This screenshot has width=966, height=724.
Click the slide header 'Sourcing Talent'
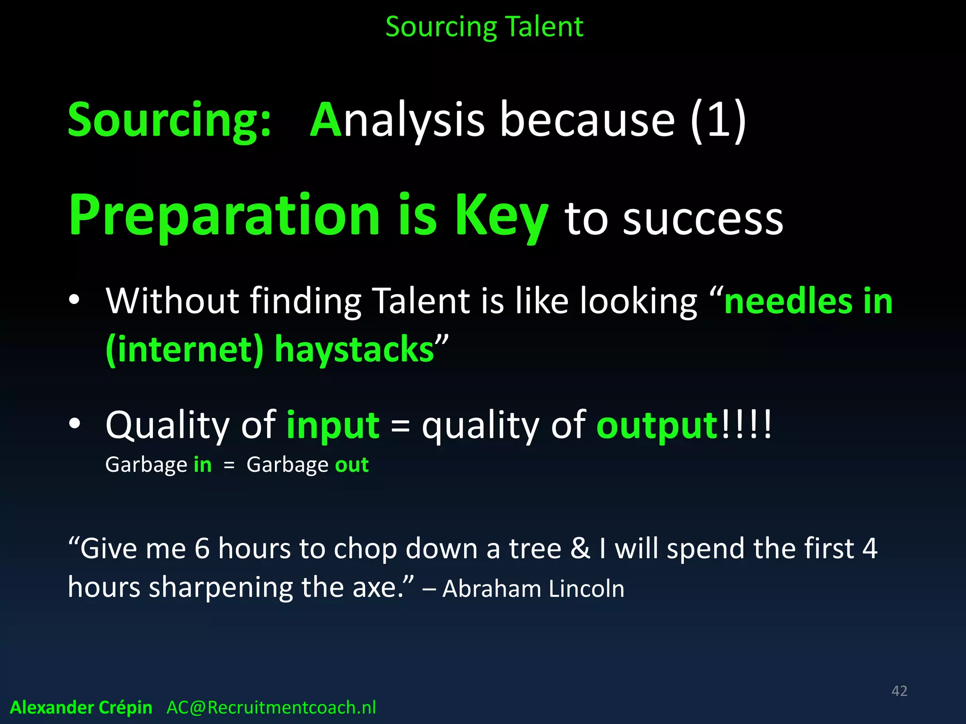pyautogui.click(x=484, y=27)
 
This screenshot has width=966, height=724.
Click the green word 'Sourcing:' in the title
pyautogui.click(x=169, y=121)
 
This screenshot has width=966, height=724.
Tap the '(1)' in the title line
pyautogui.click(x=718, y=121)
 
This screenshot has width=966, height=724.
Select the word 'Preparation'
pyautogui.click(x=224, y=215)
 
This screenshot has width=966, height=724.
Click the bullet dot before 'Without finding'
pyautogui.click(x=74, y=300)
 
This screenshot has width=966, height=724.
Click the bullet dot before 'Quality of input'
pyautogui.click(x=74, y=424)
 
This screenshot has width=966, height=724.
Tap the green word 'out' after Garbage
pyautogui.click(x=352, y=465)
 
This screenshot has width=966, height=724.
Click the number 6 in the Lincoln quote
pyautogui.click(x=201, y=549)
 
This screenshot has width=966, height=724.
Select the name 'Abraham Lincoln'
pyautogui.click(x=533, y=589)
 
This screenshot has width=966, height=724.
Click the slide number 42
pyautogui.click(x=899, y=691)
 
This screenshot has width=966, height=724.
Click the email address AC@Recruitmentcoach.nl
pyautogui.click(x=271, y=708)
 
